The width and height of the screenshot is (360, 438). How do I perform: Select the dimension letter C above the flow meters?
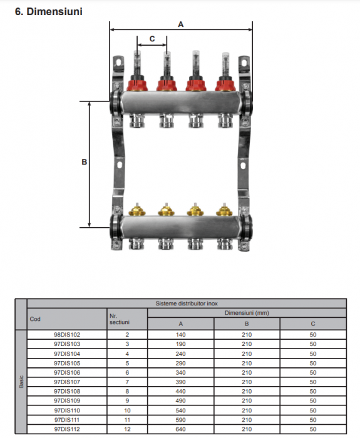pos(152,39)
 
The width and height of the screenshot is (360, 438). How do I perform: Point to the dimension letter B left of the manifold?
pos(85,161)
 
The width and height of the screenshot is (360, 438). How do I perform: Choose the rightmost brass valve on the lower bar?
pos(223,211)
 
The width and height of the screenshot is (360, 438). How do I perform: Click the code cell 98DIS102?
pos(67,335)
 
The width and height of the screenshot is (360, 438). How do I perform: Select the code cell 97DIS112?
pos(67,429)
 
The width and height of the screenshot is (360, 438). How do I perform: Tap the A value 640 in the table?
pos(181,429)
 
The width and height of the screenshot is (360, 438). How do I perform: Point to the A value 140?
pos(181,335)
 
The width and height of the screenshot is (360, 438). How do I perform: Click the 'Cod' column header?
pos(35,318)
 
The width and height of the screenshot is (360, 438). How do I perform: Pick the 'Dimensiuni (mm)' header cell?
pos(247,312)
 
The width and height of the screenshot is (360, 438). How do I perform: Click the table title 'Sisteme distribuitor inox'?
pos(187,303)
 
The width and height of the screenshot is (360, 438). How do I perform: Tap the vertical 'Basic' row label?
pos(21,382)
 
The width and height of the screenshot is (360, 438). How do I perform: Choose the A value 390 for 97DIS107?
pos(181,382)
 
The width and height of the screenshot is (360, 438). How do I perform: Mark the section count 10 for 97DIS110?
pos(127,410)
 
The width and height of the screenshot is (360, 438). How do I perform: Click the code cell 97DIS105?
pos(67,363)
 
